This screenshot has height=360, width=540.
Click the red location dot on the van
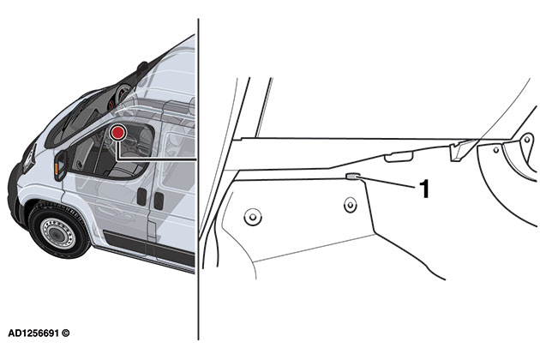pos(117,133)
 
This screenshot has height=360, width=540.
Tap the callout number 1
pos(424,189)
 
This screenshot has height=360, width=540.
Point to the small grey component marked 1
pos(351,178)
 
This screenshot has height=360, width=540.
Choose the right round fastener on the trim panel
pos(350,204)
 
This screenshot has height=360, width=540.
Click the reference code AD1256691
pos(32,332)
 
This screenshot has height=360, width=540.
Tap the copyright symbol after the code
pos(65,332)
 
